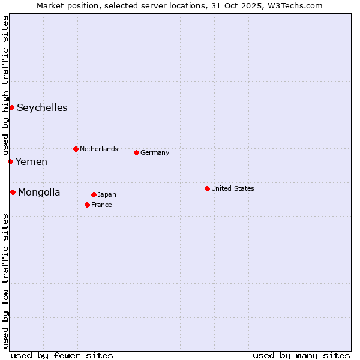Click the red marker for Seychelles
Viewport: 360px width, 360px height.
point(11,107)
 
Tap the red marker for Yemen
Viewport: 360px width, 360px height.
point(10,161)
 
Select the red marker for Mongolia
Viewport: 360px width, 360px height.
point(13,192)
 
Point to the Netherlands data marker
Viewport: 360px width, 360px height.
point(76,149)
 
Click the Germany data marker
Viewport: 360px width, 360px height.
point(136,152)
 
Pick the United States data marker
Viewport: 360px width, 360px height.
point(207,188)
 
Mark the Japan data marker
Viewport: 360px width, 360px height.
point(94,194)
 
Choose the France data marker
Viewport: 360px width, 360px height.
point(87,205)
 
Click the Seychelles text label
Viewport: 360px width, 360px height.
point(42,108)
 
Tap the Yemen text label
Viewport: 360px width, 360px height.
point(31,162)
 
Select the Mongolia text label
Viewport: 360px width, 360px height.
point(39,193)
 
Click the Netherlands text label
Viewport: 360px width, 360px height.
point(99,149)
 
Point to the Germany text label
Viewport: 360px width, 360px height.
point(155,152)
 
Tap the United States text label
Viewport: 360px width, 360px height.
point(233,188)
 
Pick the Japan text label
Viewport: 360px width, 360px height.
point(107,194)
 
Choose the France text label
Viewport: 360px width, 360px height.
point(101,205)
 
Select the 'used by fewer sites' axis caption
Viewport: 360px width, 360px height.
point(62,355)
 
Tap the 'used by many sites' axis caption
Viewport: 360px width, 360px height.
point(301,355)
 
